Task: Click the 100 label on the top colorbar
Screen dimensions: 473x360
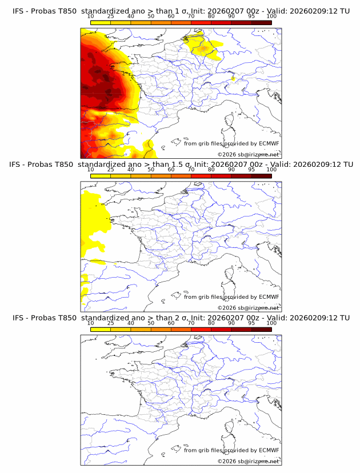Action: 271,16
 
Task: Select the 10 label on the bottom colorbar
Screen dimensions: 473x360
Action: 91,323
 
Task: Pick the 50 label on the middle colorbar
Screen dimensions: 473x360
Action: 151,170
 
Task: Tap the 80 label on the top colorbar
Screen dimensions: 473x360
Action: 211,16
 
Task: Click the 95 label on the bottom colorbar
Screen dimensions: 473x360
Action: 251,323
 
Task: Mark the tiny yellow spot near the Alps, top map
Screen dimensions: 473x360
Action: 234,78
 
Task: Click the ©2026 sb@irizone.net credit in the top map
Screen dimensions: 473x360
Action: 249,155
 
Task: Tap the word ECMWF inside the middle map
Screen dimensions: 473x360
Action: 269,297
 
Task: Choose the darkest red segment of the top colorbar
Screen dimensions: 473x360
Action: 261,22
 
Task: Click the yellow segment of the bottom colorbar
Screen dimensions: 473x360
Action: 101,329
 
